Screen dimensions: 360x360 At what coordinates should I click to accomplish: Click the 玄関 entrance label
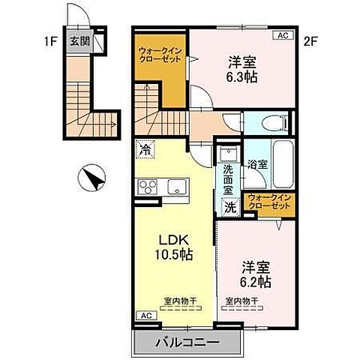tap(79, 41)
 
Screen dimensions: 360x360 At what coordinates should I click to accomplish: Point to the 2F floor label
tap(310, 42)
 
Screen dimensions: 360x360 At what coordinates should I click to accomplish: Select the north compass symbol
tap(92, 179)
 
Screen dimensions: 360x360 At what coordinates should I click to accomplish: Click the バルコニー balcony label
tap(187, 341)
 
